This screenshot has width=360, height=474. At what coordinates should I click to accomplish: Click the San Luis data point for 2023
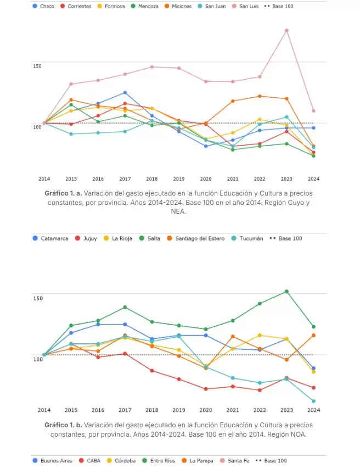286,30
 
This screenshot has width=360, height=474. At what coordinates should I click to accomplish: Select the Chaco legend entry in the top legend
44,6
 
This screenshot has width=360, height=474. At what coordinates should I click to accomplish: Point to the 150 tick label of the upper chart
37,66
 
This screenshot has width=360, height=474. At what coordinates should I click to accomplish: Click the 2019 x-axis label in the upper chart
178,179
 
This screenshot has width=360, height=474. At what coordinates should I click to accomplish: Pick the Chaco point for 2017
125,92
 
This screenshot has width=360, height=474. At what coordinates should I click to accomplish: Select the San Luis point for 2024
313,111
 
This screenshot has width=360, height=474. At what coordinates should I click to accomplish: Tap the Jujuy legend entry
86,238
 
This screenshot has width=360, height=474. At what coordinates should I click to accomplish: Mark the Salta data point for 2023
286,291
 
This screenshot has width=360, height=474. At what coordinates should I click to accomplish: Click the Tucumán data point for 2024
313,401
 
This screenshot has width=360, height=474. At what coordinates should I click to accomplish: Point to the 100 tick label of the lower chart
37,359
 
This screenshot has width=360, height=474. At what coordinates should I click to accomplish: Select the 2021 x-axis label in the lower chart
232,410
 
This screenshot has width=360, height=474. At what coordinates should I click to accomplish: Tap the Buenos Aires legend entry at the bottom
53,461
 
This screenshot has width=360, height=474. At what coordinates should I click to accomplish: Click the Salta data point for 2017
125,307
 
